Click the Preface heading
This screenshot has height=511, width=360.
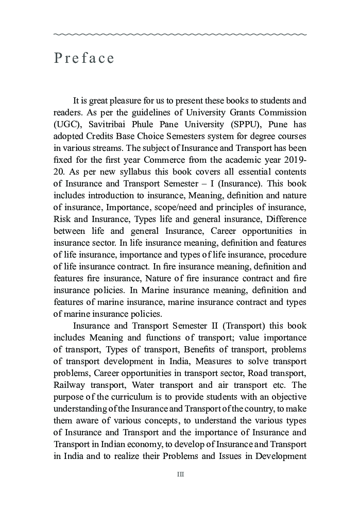coord(84,58)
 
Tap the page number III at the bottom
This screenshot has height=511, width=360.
coord(180,474)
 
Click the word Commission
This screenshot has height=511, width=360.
coord(282,112)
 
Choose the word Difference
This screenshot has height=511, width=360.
coord(283,219)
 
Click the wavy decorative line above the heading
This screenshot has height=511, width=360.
coord(180,35)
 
